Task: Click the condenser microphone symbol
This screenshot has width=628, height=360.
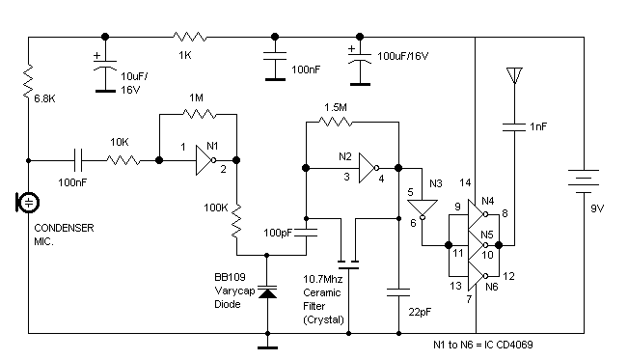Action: tap(29, 202)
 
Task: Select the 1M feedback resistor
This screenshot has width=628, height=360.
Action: tap(198, 112)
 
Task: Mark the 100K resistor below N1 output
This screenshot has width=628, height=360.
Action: tap(235, 224)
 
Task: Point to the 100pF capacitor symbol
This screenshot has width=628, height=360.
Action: tap(307, 232)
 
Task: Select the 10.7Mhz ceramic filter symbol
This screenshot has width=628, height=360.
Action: tap(347, 262)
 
